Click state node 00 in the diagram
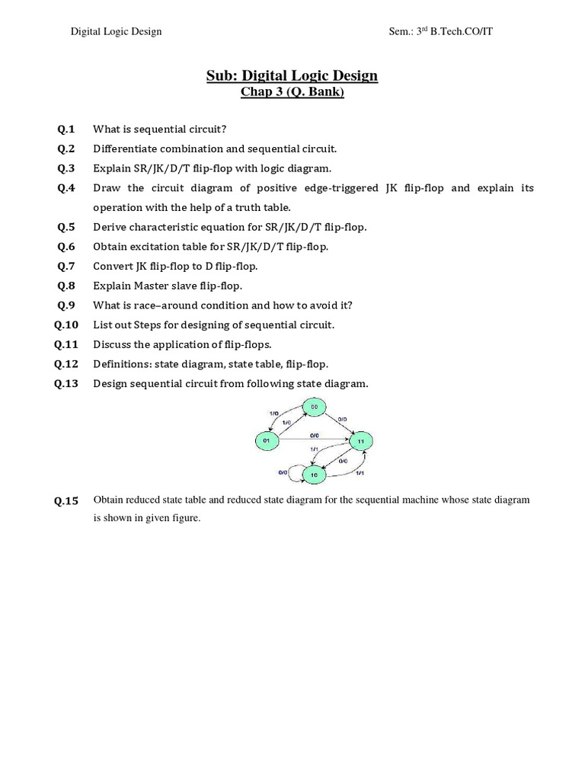pyautogui.click(x=314, y=408)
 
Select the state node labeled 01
pyautogui.click(x=267, y=440)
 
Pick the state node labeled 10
pyautogui.click(x=312, y=474)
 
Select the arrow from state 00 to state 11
pyautogui.click(x=339, y=424)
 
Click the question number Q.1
pyautogui.click(x=66, y=129)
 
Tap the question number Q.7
pyautogui.click(x=66, y=266)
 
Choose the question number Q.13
pyautogui.click(x=66, y=384)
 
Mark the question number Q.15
pyautogui.click(x=66, y=501)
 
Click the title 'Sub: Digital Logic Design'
pyautogui.click(x=292, y=75)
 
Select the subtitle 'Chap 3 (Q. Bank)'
pyautogui.click(x=292, y=93)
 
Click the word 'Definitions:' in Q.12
pyautogui.click(x=123, y=364)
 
